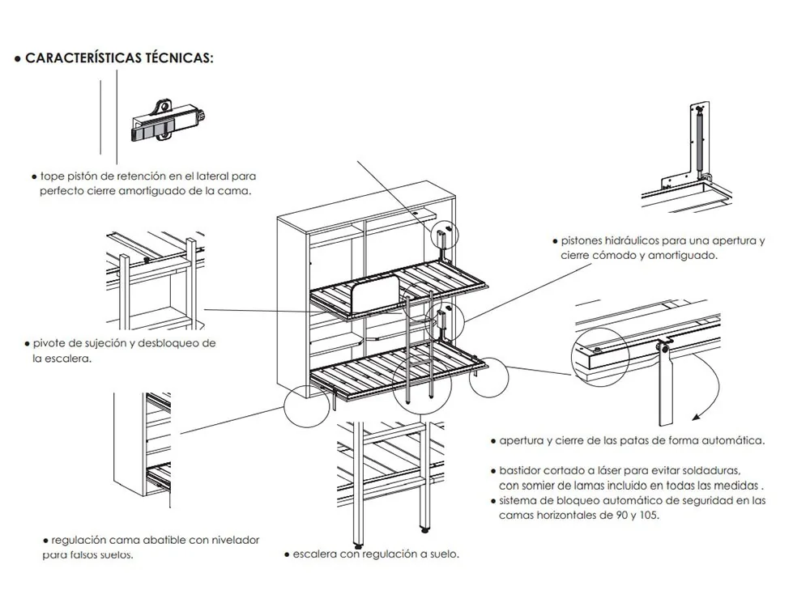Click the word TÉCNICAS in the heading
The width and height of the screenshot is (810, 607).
[x=179, y=58]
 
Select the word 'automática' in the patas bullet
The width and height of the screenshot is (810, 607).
[x=734, y=441]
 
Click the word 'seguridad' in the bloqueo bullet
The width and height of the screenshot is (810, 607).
[x=701, y=500]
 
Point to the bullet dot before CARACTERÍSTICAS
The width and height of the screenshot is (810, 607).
[x=17, y=59]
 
